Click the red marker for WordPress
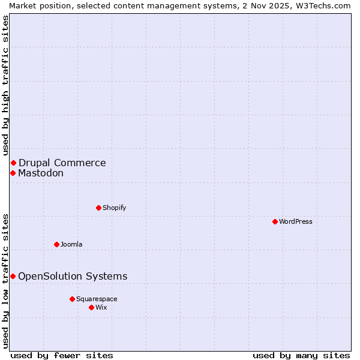point(275,221)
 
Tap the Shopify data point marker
point(98,208)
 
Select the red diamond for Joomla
point(56,244)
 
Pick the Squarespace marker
point(72,299)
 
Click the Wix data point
point(91,307)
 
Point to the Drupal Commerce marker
point(13,163)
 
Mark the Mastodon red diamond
point(13,173)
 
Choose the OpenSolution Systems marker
point(13,276)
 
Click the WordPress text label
point(296,221)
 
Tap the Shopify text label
point(115,208)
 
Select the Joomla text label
point(71,244)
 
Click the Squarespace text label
point(97,299)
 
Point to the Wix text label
point(101,307)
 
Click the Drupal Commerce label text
point(62,163)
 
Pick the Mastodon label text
point(41,173)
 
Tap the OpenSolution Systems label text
point(73,276)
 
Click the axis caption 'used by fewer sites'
point(62,355)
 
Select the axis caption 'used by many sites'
point(301,355)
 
